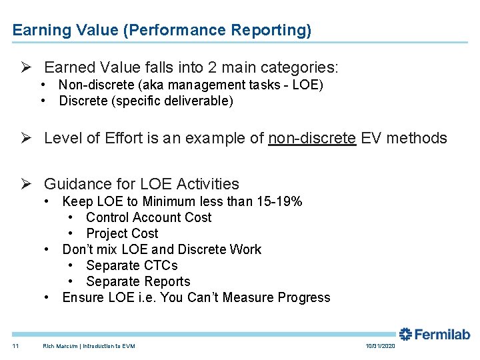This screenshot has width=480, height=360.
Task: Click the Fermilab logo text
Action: tap(443, 334)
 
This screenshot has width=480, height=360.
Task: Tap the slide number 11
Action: tap(15, 346)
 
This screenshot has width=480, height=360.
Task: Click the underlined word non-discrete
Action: tap(311, 138)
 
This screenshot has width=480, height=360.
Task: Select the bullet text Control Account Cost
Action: tap(149, 217)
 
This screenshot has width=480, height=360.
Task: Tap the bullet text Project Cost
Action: tap(122, 233)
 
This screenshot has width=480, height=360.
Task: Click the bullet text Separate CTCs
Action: tap(132, 265)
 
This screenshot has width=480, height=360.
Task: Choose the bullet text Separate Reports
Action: tap(138, 281)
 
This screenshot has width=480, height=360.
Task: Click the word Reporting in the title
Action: tap(275, 31)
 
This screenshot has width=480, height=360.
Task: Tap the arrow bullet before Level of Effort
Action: tap(26, 138)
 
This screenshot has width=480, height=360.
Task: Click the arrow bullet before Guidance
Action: tap(26, 184)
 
